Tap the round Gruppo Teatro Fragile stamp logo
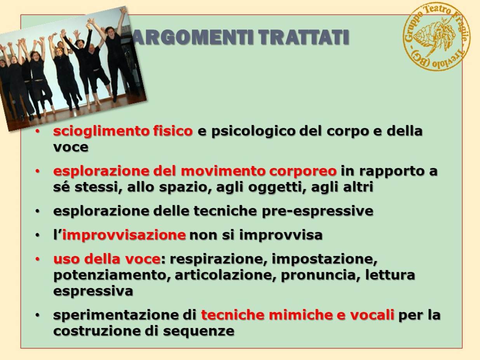coord(437,37)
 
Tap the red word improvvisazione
coord(124,235)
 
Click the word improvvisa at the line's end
coord(281,235)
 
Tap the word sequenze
coord(198,332)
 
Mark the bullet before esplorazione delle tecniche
coord(38,211)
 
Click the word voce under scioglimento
coord(71,148)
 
